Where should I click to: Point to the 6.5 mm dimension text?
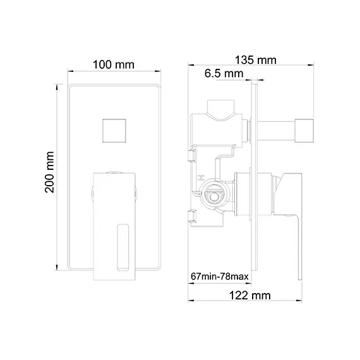tap(224, 75)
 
